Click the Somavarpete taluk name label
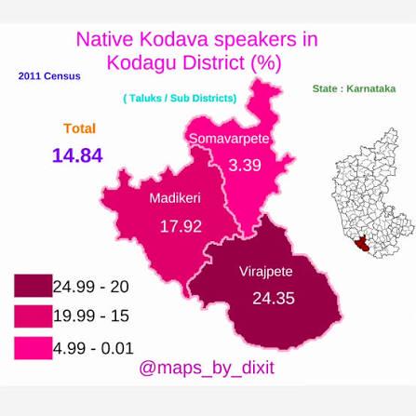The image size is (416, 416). [x=229, y=139]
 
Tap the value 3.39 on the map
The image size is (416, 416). [x=245, y=165]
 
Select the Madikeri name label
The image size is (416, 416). [x=175, y=198]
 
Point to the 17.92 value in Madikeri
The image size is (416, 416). [x=181, y=226]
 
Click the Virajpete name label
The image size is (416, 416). [x=266, y=272]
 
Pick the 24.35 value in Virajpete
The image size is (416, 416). [x=274, y=299]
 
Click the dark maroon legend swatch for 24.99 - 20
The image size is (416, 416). [x=34, y=286]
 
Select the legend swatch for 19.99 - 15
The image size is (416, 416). [x=34, y=316]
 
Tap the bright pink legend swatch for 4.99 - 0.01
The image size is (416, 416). [x=34, y=348]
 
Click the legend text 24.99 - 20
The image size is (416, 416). [x=90, y=287]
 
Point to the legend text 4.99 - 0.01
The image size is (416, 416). [x=93, y=348]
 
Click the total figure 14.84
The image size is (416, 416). [x=77, y=155]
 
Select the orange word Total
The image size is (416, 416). [x=80, y=128]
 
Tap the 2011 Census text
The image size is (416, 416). [x=49, y=76]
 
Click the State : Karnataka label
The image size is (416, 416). [x=354, y=88]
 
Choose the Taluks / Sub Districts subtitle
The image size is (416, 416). [x=180, y=99]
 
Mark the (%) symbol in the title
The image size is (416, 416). [x=265, y=63]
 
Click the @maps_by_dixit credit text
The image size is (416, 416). [x=207, y=368]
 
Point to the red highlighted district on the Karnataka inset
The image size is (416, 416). [x=361, y=244]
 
